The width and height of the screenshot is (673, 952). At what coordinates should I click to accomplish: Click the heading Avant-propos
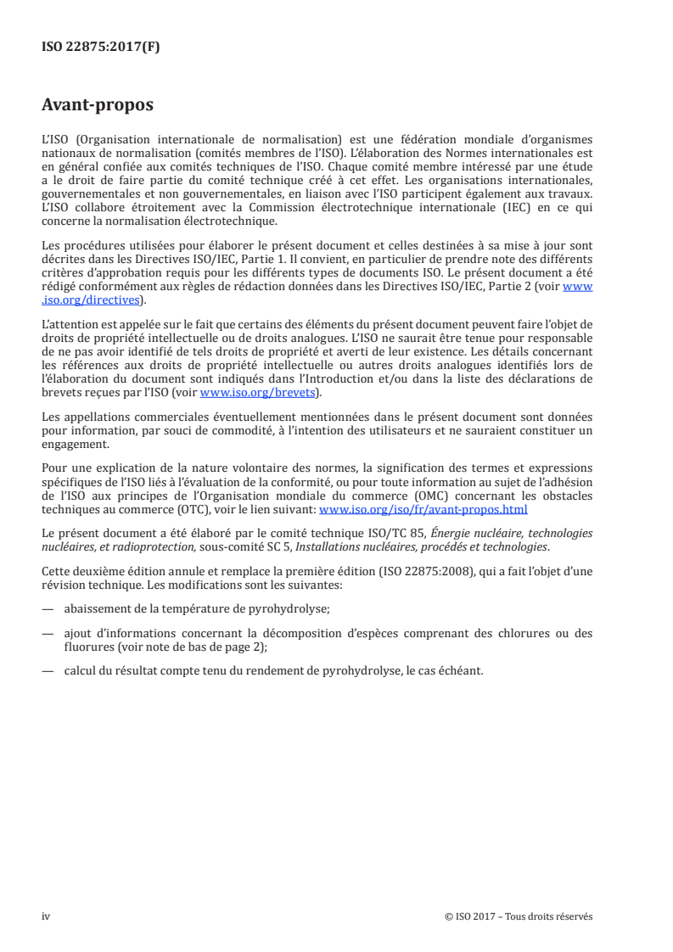98,106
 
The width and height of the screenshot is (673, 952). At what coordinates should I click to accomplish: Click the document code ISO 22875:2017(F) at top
100,48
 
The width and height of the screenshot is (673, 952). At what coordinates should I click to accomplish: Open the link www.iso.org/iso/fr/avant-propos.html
423,510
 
